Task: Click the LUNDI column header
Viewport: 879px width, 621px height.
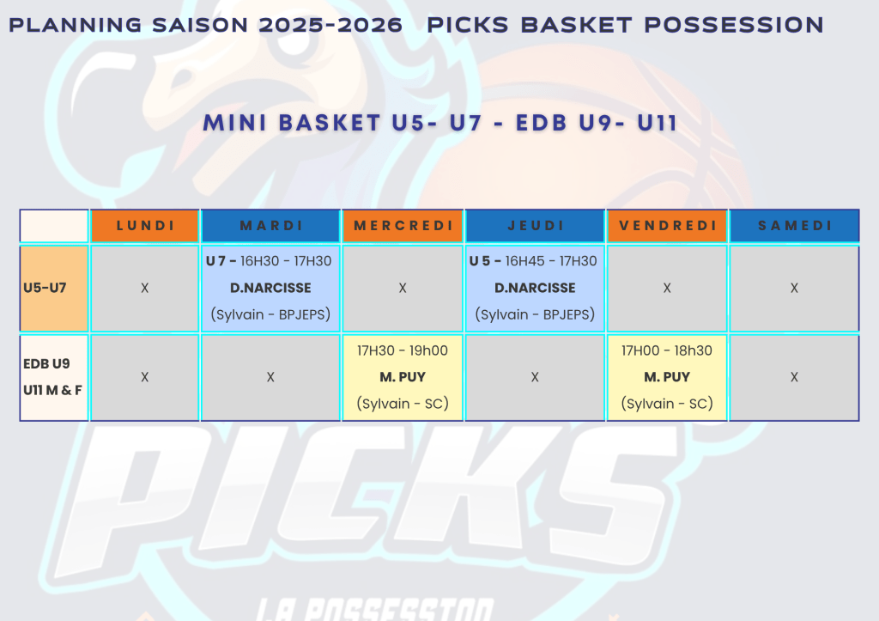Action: pos(145,226)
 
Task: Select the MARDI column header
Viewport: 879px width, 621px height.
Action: pos(270,226)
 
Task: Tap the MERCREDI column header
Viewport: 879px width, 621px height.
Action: pos(403,226)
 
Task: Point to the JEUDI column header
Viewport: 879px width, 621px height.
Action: pos(536,226)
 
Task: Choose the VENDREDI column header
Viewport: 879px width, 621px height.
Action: pos(668,226)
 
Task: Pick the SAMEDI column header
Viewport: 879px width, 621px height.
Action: pos(795,226)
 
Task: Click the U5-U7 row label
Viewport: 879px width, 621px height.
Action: pos(45,288)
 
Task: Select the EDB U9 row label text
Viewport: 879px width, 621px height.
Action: pos(46,363)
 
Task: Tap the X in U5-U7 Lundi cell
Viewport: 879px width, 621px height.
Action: pos(144,288)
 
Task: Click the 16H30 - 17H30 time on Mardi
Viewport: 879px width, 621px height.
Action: pos(286,261)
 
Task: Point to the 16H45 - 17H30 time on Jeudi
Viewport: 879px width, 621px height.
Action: pos(551,261)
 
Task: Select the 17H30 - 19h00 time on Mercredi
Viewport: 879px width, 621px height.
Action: pos(403,350)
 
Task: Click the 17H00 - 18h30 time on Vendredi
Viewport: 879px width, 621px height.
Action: pos(666,350)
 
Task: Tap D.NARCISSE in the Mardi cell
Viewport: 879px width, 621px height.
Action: pos(270,288)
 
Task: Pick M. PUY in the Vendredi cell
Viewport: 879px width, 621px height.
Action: pos(667,377)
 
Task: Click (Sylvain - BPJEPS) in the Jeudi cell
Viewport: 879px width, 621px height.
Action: pos(535,314)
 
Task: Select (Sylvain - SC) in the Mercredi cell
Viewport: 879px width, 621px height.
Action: pos(403,404)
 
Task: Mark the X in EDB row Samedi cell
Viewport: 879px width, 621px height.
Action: pos(794,377)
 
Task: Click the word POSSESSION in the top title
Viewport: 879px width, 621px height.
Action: pos(734,25)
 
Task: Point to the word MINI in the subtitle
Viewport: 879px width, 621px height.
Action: pos(235,123)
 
